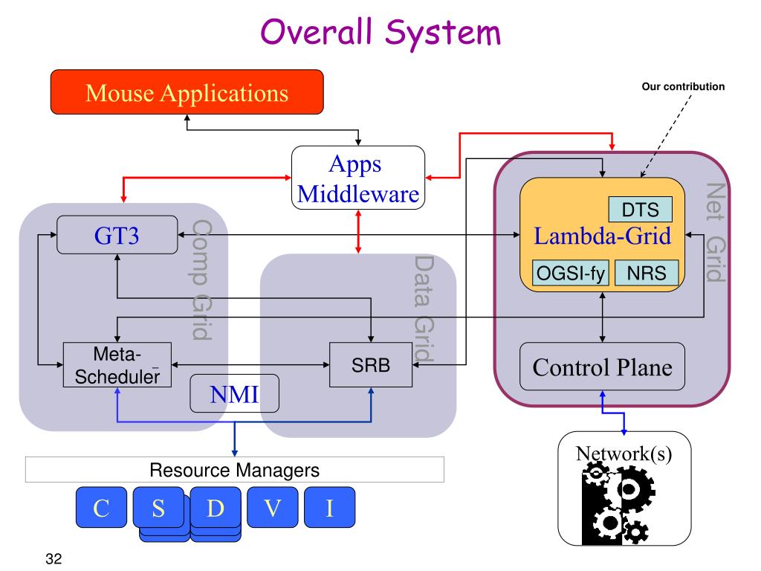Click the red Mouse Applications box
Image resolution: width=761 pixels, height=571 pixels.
(187, 91)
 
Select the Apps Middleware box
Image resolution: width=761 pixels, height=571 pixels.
(358, 178)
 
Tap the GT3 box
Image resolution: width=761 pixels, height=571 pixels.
(117, 235)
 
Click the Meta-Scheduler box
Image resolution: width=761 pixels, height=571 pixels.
(117, 364)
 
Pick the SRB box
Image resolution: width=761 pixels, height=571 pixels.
(371, 364)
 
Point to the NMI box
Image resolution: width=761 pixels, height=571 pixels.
(234, 393)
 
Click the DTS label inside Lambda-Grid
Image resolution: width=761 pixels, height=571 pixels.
(641, 209)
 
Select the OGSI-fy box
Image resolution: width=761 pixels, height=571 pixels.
(570, 273)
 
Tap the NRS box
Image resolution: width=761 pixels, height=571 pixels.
(647, 273)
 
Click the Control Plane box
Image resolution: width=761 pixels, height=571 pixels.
(602, 367)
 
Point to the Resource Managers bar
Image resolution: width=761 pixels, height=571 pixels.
(234, 470)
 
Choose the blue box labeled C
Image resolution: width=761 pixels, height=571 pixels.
(101, 507)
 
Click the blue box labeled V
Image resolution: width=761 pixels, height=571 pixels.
(272, 507)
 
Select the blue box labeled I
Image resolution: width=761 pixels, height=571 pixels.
(329, 507)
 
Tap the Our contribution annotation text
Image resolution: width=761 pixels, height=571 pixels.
(683, 86)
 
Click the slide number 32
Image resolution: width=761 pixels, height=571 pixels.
(54, 558)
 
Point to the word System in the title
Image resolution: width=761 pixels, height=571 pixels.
(443, 33)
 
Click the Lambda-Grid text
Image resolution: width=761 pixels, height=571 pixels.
(602, 236)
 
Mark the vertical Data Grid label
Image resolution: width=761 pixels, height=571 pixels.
(424, 309)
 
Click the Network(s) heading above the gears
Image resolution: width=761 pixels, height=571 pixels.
(624, 454)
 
